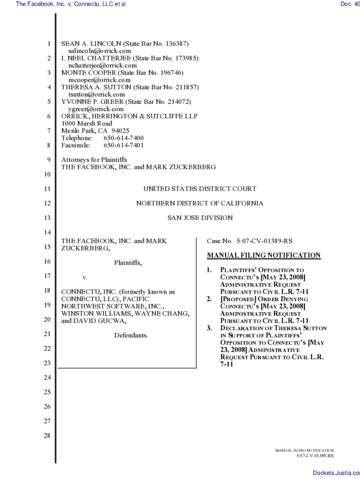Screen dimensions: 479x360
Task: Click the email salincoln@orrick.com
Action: [x=100, y=51]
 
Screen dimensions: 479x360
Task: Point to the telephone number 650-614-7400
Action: [x=123, y=138]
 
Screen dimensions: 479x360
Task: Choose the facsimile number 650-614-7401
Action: [x=123, y=145]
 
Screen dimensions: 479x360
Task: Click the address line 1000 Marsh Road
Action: [x=87, y=124]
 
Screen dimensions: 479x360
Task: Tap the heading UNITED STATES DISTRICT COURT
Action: [x=200, y=189]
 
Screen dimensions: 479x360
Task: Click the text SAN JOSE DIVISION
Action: [x=200, y=218]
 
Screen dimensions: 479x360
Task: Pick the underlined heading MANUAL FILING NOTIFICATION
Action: [x=264, y=255]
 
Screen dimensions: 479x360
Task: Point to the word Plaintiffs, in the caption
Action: [x=128, y=263]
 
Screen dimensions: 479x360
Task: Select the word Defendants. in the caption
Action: [x=131, y=335]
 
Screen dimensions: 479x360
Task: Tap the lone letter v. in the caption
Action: [x=85, y=277]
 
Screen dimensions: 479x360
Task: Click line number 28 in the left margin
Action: [x=47, y=435]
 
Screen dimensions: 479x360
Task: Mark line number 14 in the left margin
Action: [x=47, y=232]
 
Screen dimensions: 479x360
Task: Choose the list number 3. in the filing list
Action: [x=210, y=328]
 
